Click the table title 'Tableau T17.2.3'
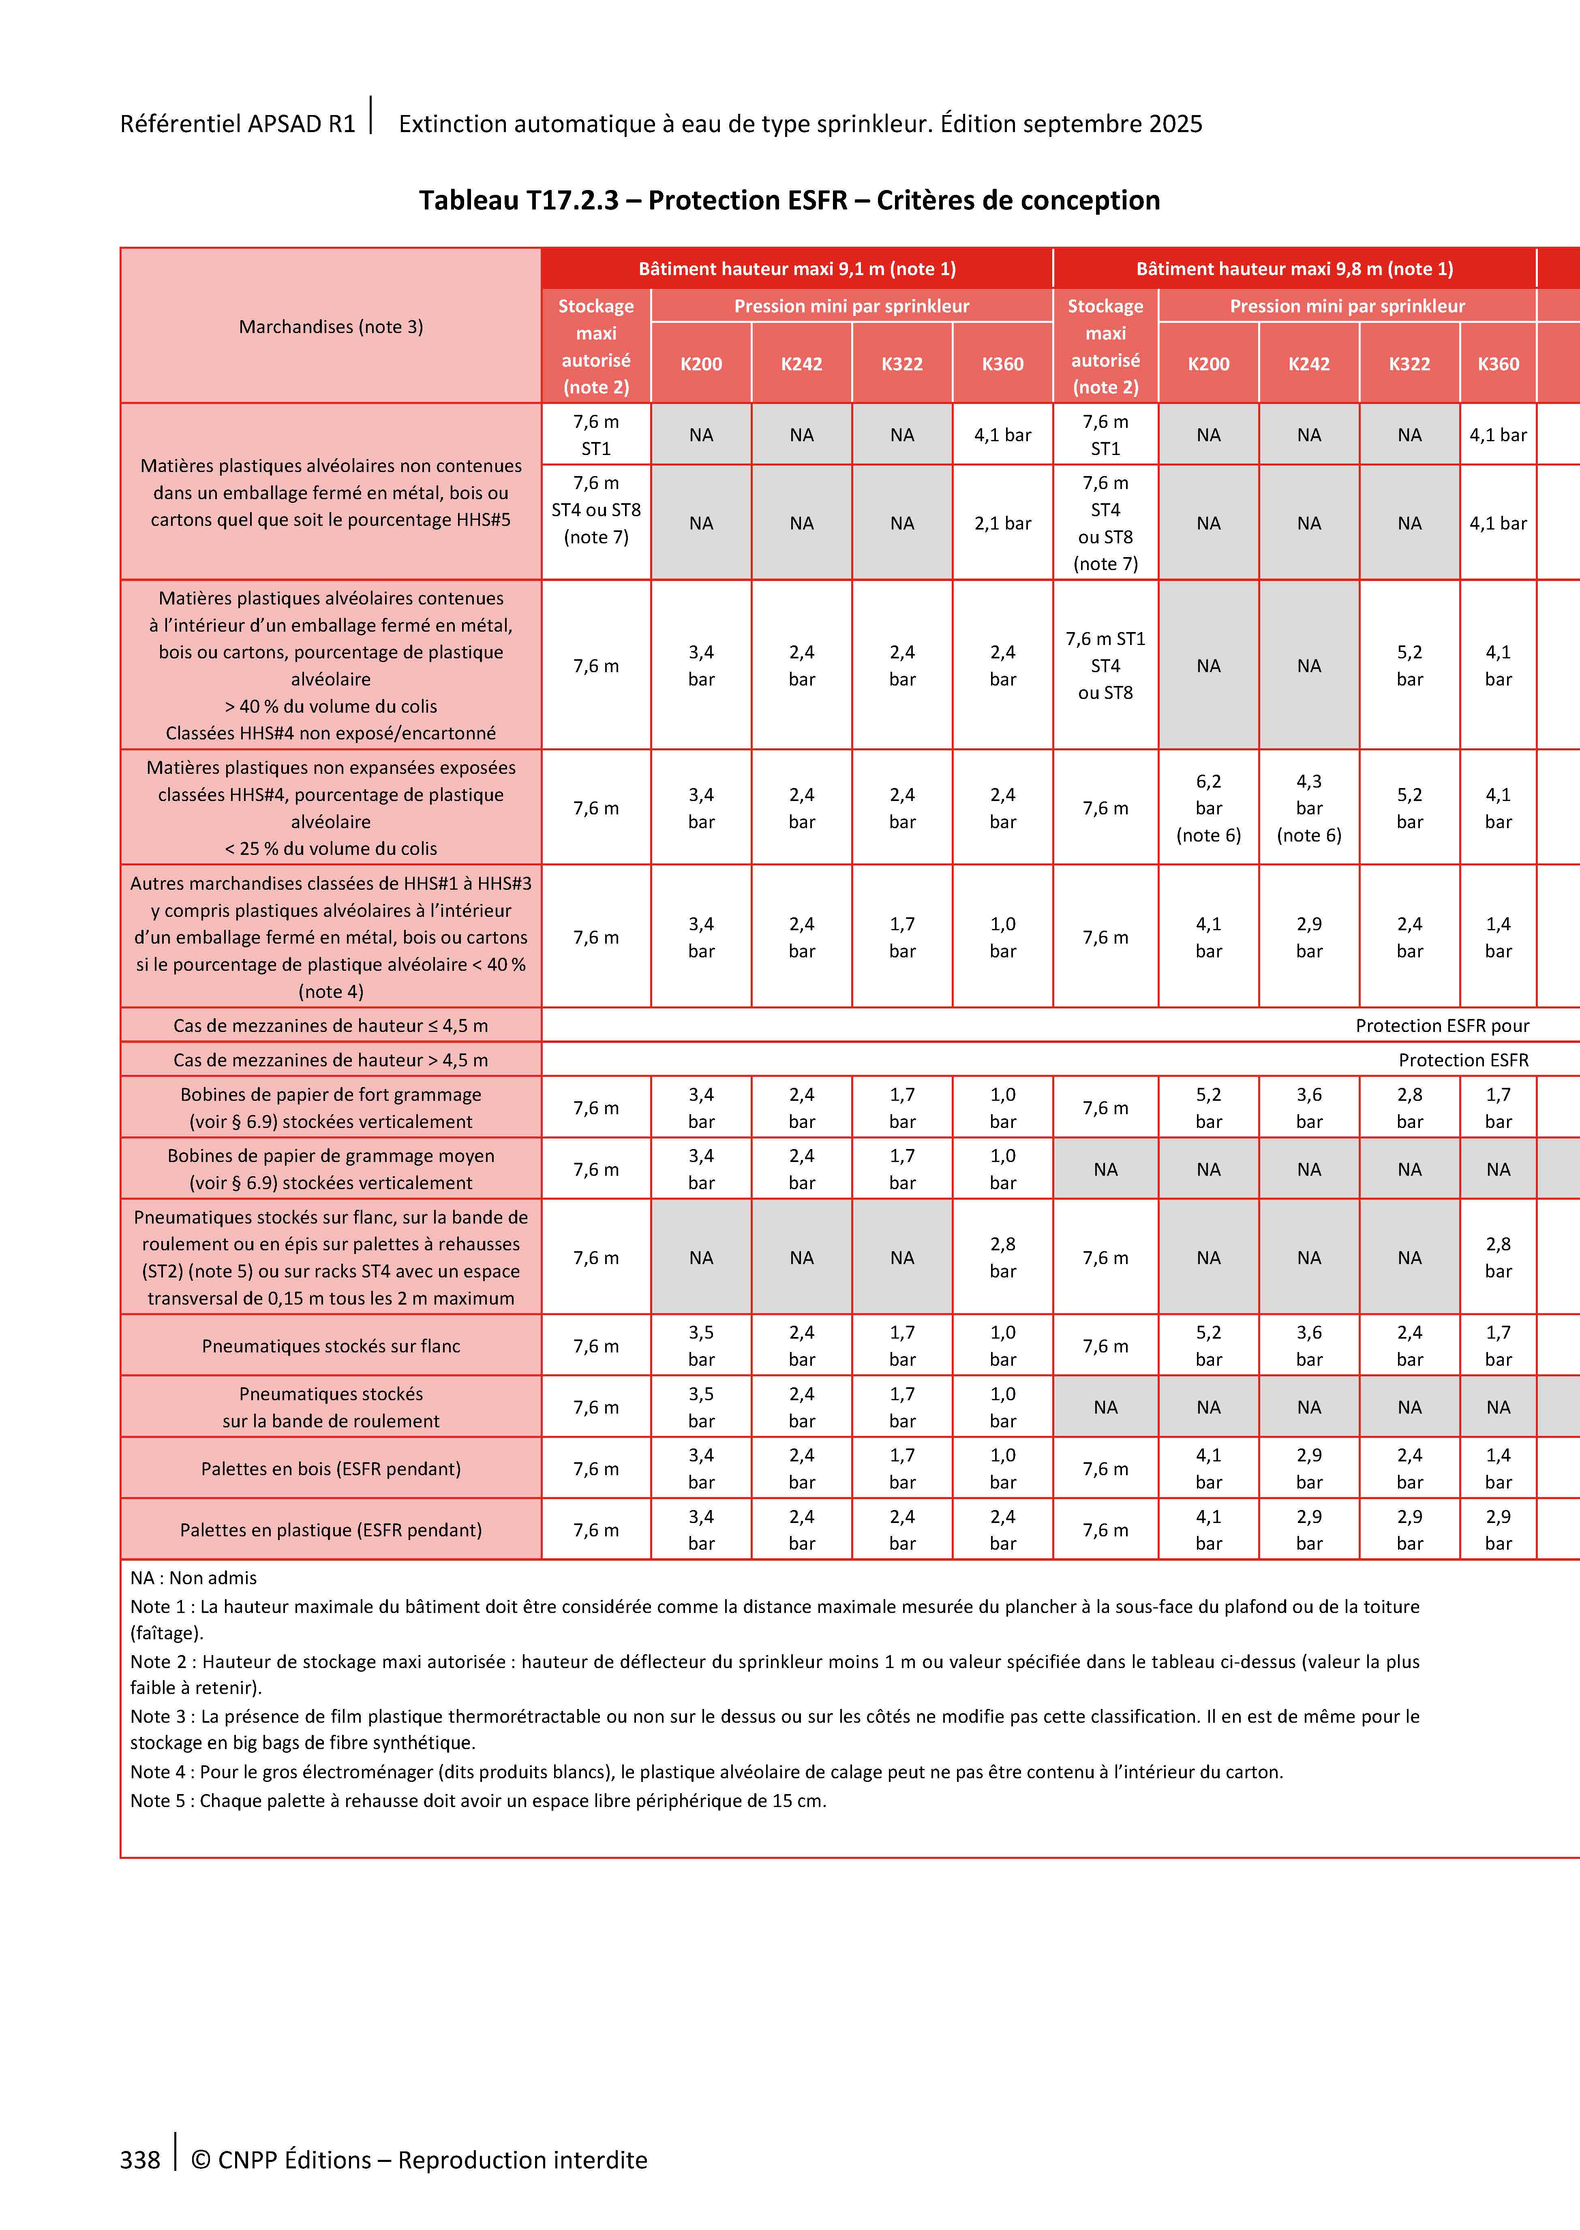[x=520, y=200]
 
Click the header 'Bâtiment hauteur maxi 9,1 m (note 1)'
[x=797, y=268]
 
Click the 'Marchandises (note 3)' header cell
[x=331, y=327]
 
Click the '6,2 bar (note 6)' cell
[x=1208, y=808]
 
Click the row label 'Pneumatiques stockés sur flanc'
[x=331, y=1346]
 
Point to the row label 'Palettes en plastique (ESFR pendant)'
[x=331, y=1530]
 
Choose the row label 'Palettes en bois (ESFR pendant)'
[x=331, y=1469]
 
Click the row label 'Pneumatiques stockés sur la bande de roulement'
[x=331, y=1407]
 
